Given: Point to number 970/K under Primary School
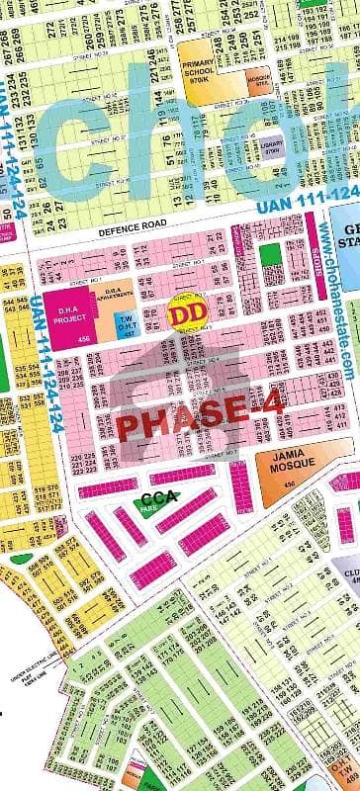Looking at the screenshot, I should (203, 78).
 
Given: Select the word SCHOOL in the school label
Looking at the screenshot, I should (203, 69).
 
